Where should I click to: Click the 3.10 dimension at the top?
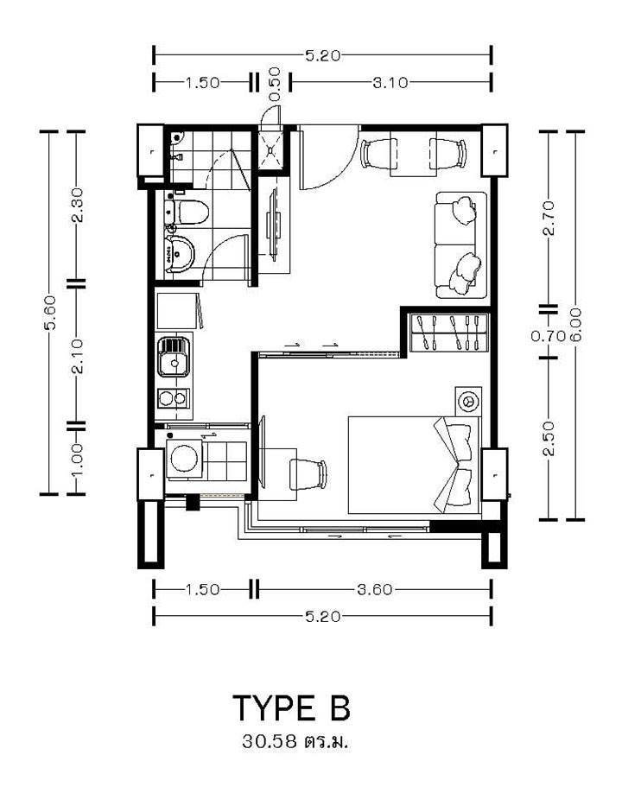click(390, 82)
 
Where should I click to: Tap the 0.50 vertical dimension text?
click(275, 85)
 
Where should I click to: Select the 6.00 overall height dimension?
click(576, 325)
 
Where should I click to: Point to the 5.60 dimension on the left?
click(50, 312)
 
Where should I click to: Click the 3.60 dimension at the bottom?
click(375, 589)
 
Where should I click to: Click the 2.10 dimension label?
click(77, 357)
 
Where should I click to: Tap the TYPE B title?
click(291, 708)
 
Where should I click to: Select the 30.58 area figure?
click(269, 741)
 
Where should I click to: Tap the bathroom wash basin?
click(180, 254)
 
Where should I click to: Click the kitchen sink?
click(174, 358)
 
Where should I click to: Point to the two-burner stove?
click(174, 399)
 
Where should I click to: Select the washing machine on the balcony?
click(185, 459)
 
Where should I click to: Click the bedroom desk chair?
click(308, 474)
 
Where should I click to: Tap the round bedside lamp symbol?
click(468, 401)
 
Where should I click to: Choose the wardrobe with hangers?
click(449, 332)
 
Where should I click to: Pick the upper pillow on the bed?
click(458, 442)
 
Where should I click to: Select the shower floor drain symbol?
click(271, 150)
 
